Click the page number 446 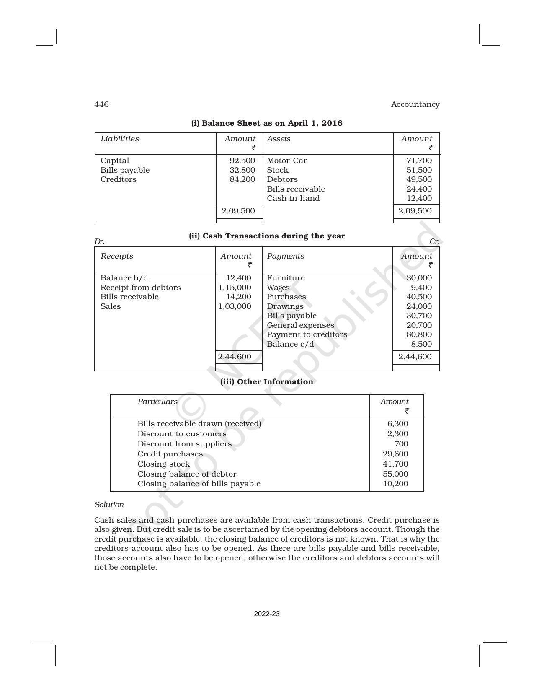[101, 104]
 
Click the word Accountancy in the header [415, 104]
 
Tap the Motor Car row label [286, 161]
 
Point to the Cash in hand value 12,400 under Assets [419, 198]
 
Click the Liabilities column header [120, 139]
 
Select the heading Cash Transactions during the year [267, 236]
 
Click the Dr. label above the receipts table [99, 241]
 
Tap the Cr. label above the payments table [434, 241]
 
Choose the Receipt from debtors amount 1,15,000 [235, 288]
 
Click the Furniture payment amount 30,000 [419, 278]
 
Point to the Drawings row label [285, 306]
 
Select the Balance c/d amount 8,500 [421, 344]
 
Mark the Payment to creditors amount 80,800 [419, 334]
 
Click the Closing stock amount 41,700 [395, 464]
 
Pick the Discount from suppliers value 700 [401, 444]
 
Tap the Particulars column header [157, 402]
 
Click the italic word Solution [109, 505]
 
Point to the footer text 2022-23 [267, 614]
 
